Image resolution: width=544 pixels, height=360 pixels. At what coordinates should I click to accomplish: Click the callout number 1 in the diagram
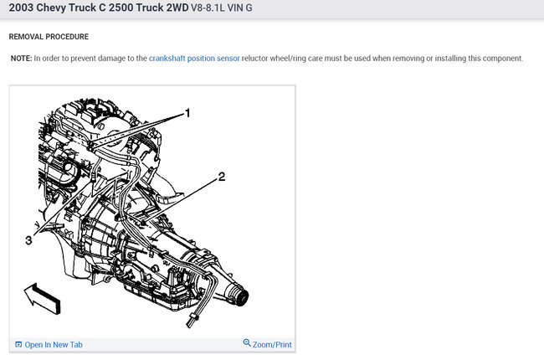(187, 113)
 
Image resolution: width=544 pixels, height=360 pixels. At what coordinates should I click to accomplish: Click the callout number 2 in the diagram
(222, 177)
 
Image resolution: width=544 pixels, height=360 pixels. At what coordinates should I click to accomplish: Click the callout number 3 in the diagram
(28, 240)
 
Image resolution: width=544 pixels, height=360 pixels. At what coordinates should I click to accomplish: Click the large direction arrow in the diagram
(43, 299)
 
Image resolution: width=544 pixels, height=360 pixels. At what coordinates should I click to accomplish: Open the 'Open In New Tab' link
(54, 345)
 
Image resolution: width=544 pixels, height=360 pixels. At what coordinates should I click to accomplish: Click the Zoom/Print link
(272, 345)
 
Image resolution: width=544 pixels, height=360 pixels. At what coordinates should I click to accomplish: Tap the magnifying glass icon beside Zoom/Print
(247, 343)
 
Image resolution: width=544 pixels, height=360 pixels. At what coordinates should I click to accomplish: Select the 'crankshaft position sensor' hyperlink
(194, 59)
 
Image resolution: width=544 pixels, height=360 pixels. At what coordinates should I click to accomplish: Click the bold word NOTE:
(21, 59)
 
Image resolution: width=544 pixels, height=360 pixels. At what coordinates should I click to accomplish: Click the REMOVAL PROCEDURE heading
(49, 37)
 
